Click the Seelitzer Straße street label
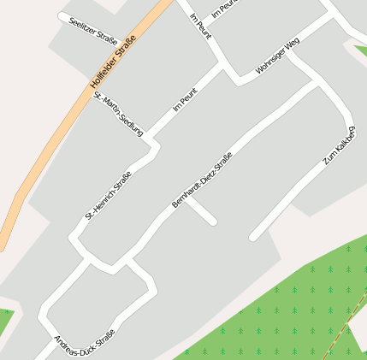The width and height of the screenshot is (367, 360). (x=92, y=27)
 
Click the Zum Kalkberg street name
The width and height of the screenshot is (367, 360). (x=339, y=146)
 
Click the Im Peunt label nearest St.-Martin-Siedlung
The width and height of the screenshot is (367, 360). (x=185, y=99)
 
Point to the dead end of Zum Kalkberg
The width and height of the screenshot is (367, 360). (x=253, y=236)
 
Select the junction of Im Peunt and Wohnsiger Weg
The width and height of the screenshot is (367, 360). (x=236, y=78)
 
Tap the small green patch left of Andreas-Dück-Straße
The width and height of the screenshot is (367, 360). (x=5, y=321)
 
